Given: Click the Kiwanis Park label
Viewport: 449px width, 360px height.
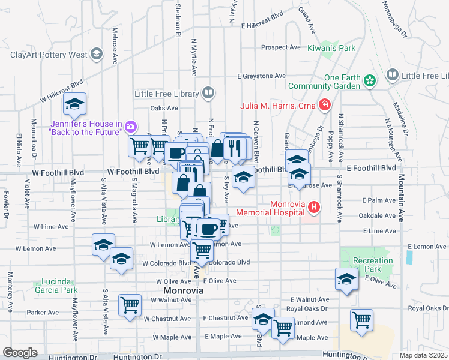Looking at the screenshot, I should (331, 48).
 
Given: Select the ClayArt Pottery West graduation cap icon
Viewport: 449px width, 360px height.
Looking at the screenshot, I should (96, 55).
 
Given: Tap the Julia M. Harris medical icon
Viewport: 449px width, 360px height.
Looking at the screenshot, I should (325, 106).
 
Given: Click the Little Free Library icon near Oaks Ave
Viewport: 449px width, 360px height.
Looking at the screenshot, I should (207, 94).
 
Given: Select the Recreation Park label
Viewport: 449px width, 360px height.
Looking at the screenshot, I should (372, 265).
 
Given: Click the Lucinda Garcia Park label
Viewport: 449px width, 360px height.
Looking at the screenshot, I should (59, 286).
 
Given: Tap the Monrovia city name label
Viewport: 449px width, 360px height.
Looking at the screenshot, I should (183, 290).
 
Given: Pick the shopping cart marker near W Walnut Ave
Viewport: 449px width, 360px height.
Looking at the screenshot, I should (130, 305).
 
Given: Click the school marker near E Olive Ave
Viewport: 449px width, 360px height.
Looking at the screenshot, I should (346, 279).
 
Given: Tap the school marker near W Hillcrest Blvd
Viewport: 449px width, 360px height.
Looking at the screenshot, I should (75, 104).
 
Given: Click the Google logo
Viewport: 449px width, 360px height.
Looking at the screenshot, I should (20, 352).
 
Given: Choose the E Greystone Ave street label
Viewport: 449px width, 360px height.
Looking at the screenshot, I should (261, 76).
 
